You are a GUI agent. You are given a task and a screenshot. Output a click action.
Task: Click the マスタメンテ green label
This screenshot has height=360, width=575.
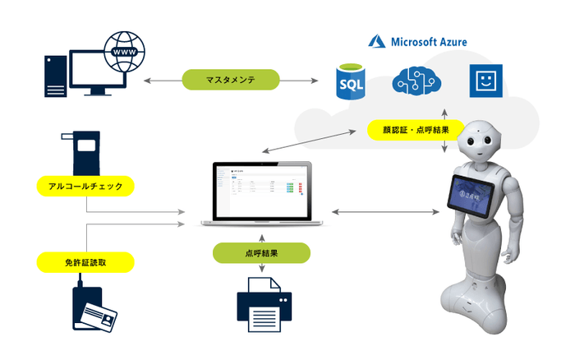point(231,81)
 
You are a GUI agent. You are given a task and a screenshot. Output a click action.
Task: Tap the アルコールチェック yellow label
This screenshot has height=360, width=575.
point(86,187)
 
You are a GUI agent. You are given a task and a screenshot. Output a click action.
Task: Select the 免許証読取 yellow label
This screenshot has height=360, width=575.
point(86,262)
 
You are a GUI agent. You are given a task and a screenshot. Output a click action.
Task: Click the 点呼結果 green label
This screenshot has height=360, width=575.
point(261,253)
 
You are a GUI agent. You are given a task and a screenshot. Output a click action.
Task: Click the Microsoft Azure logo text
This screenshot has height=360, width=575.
point(418,40)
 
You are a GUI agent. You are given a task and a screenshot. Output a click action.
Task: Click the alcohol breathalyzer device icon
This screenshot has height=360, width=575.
point(85,152)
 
